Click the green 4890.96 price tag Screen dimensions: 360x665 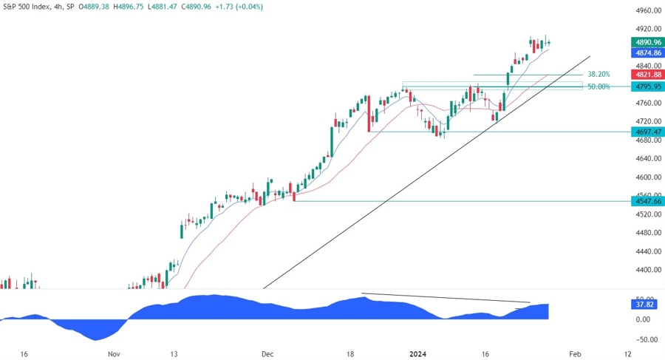(x=647, y=43)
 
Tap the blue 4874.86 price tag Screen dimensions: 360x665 (x=647, y=53)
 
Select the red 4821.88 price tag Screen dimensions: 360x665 (x=647, y=75)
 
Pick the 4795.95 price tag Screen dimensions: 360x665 (x=647, y=86)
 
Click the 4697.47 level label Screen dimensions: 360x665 (x=647, y=132)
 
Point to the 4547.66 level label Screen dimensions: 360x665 (x=647, y=200)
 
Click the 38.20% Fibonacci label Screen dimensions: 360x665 (x=598, y=75)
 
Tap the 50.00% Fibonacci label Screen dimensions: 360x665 (x=598, y=86)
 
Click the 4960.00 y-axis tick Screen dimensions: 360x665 (x=647, y=11)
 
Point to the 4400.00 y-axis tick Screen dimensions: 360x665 (x=647, y=271)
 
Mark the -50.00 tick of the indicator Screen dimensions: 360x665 (x=644, y=339)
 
